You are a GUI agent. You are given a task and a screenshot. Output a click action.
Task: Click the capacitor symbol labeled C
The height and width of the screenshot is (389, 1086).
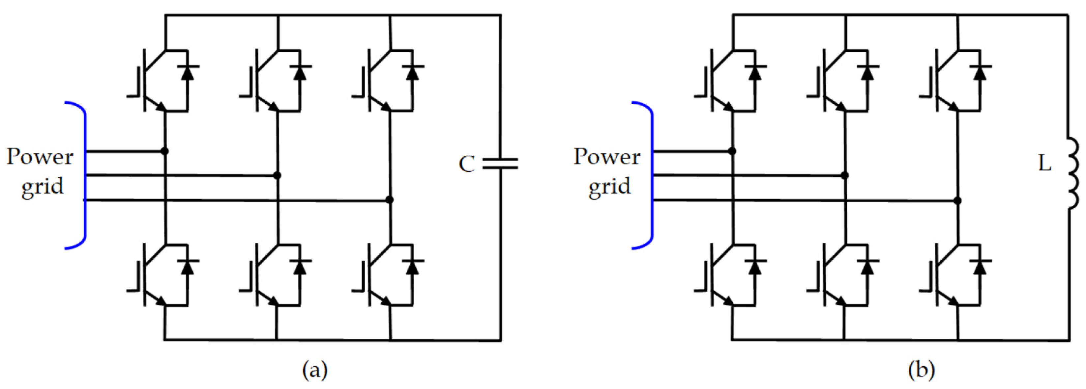[x=500, y=163]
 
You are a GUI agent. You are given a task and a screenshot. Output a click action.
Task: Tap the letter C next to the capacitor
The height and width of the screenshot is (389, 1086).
[x=467, y=164]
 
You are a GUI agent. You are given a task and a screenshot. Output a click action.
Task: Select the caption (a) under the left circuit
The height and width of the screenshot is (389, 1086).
[x=315, y=371]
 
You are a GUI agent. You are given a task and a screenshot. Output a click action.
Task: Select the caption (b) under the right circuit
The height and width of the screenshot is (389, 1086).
[x=921, y=371]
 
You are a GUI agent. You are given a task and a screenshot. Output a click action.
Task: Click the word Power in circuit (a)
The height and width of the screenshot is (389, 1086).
[x=40, y=157]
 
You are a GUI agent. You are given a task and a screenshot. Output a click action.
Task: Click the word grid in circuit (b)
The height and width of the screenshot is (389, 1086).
[x=610, y=186]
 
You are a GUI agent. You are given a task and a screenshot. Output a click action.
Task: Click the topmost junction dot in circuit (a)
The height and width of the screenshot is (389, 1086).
[x=165, y=151]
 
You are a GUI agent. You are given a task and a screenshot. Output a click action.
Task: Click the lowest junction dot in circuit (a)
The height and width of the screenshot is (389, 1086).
[x=390, y=199]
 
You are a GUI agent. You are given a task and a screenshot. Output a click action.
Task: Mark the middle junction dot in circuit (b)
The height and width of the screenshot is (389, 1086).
[x=844, y=175]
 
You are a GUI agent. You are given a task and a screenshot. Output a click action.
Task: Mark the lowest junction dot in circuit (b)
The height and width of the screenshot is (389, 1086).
[x=957, y=200]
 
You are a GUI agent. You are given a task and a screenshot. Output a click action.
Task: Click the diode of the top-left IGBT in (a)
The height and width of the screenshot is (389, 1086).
[x=188, y=72]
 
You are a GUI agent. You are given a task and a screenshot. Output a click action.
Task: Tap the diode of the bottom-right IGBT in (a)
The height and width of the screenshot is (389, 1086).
[x=412, y=267]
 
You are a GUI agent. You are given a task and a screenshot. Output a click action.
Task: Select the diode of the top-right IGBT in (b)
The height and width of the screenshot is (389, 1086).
[x=980, y=72]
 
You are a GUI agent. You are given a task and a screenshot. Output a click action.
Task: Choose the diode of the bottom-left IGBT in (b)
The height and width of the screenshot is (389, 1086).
[x=755, y=267]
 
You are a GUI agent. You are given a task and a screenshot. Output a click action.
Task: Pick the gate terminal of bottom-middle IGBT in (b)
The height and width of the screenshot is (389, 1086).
[x=813, y=290]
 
